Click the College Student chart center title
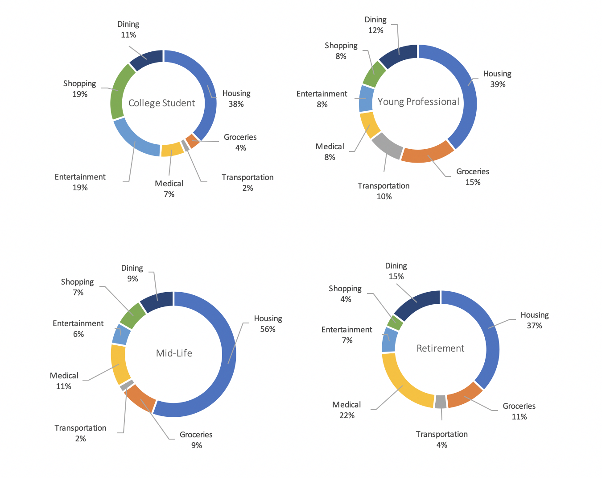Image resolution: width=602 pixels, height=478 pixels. (x=161, y=103)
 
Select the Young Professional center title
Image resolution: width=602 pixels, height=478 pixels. (x=418, y=102)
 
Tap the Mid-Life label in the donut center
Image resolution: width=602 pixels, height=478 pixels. (x=174, y=353)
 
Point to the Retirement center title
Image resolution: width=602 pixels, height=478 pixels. (x=440, y=348)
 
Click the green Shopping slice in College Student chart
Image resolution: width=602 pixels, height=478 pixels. (x=119, y=91)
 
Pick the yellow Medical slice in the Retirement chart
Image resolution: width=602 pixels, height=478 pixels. (x=404, y=387)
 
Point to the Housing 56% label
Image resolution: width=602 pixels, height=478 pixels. (x=268, y=324)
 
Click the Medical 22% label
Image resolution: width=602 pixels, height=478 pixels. (x=346, y=410)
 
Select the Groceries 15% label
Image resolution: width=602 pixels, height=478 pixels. (x=473, y=177)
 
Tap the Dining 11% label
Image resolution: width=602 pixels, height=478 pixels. (x=128, y=29)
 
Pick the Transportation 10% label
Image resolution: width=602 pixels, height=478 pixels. (x=383, y=191)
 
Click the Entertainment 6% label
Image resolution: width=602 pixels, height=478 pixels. (x=78, y=329)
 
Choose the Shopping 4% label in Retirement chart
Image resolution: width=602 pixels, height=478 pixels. (x=345, y=294)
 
